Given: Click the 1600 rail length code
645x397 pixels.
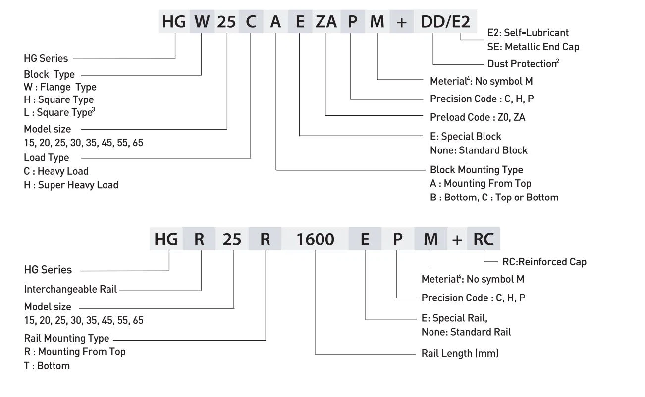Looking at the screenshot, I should click(x=315, y=239).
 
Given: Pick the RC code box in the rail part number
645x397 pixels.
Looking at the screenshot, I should click(x=483, y=239).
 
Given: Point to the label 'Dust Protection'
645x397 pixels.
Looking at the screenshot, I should click(x=522, y=64).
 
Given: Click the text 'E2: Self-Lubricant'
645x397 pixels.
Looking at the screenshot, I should click(x=528, y=33).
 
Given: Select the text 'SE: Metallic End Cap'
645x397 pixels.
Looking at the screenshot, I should click(x=533, y=47).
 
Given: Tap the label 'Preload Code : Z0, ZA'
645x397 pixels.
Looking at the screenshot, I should click(x=478, y=117).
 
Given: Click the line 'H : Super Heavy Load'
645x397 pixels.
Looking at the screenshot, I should click(x=71, y=185).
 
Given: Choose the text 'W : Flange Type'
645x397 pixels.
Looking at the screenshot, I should click(x=60, y=87).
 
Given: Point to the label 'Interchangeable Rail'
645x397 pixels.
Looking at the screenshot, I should click(x=70, y=289).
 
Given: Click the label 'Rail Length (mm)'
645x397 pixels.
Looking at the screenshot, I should click(x=460, y=353).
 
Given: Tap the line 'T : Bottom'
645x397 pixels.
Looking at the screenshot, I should click(x=47, y=366).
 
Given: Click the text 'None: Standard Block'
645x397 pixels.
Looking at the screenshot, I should click(x=479, y=150).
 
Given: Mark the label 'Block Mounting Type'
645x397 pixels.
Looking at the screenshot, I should click(x=476, y=170).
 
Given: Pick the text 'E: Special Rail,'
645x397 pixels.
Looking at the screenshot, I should click(x=454, y=318).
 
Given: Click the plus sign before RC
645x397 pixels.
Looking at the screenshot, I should click(x=457, y=240).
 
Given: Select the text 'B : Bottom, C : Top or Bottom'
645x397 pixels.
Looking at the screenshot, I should click(x=494, y=197).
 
